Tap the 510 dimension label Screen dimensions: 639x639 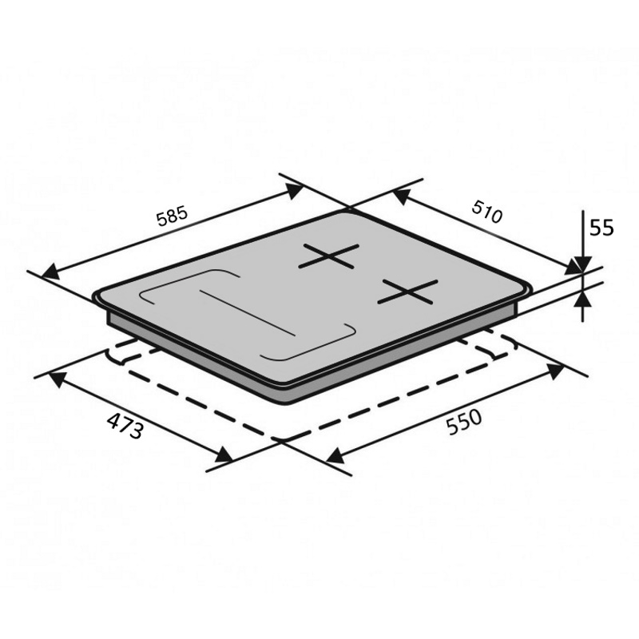(x=487, y=212)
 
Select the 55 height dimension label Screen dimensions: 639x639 (x=601, y=228)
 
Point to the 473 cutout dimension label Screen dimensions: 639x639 (x=125, y=426)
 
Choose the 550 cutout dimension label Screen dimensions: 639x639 (x=464, y=423)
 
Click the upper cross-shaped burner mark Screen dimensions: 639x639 (x=329, y=256)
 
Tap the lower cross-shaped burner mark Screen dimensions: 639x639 (x=407, y=292)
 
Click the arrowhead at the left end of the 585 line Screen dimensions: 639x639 (x=50, y=272)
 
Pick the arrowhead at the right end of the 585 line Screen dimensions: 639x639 (x=294, y=191)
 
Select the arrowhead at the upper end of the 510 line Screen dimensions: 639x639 (x=401, y=196)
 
